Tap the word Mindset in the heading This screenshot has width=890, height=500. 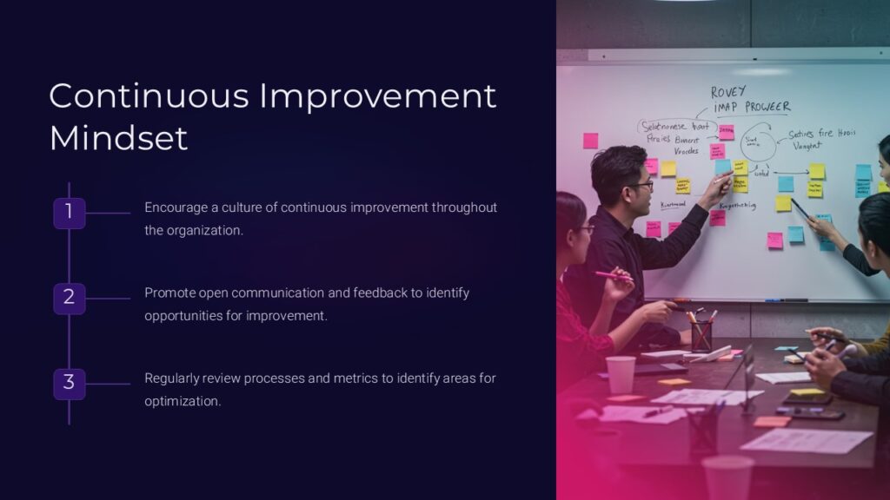118,138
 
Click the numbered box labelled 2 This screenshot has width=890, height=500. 69,298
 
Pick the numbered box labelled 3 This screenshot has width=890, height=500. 69,383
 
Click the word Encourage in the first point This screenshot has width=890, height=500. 176,207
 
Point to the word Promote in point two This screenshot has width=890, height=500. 170,293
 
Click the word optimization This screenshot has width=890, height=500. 183,401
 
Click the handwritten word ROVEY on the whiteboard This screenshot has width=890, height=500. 728,93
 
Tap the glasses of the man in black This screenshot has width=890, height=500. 641,185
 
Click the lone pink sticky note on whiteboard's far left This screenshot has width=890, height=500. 590,141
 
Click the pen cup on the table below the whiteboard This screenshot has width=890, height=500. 701,335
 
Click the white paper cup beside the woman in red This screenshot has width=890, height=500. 621,374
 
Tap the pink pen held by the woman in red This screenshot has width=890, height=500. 613,276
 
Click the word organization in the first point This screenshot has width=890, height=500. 205,230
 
